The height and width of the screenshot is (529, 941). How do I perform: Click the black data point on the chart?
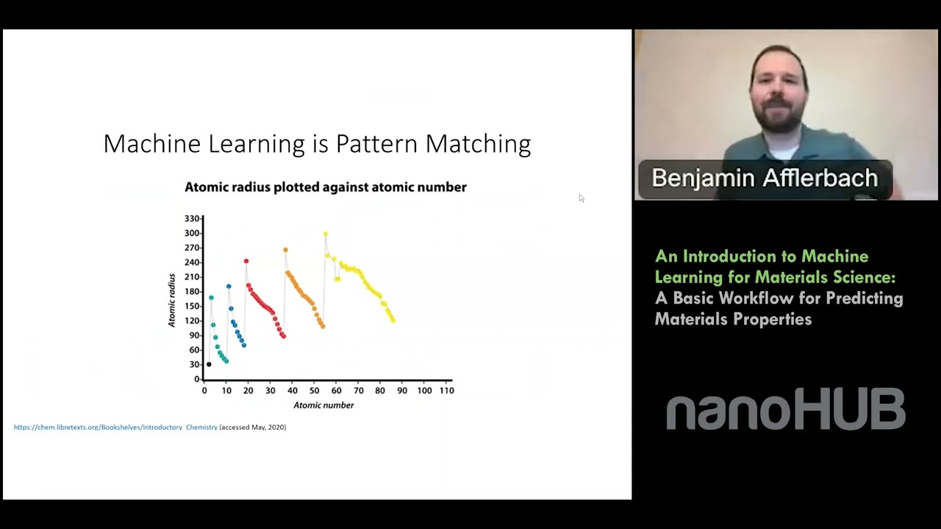tap(209, 364)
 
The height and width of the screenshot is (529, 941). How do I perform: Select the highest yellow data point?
tap(326, 234)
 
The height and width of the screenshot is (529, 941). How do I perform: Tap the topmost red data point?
tap(246, 261)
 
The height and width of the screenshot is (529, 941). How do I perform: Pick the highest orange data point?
tap(286, 250)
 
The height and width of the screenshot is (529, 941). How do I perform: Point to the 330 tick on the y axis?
tap(192, 219)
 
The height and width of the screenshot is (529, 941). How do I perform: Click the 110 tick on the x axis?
tap(446, 390)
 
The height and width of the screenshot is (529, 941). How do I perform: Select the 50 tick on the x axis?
tap(314, 390)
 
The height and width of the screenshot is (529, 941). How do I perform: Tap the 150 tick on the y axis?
tap(192, 306)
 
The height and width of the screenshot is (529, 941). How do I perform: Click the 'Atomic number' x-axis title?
tap(323, 405)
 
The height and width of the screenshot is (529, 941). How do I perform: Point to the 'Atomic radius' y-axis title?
tap(171, 301)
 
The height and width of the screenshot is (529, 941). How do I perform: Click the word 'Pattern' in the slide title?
tap(377, 144)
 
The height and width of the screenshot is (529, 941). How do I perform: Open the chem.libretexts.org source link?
tap(115, 427)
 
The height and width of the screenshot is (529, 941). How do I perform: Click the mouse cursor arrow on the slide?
tap(582, 198)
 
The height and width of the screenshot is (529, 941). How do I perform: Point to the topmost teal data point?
tap(211, 298)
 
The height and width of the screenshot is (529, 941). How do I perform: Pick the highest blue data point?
tap(229, 287)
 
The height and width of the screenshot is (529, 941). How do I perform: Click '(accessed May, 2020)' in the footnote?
tap(252, 427)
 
